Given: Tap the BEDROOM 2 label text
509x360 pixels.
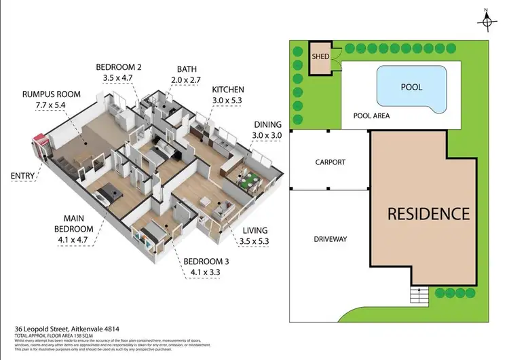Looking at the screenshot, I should (118, 67).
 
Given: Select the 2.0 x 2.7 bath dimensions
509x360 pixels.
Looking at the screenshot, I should (187, 79).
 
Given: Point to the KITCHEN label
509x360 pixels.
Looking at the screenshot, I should (227, 90).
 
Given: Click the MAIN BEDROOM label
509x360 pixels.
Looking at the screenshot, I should (75, 223).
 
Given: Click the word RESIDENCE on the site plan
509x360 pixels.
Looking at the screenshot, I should (428, 213).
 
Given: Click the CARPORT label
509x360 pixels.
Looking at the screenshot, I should (330, 162).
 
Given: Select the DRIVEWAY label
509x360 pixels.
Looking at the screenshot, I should (330, 239).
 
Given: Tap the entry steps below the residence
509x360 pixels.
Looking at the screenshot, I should (419, 295).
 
